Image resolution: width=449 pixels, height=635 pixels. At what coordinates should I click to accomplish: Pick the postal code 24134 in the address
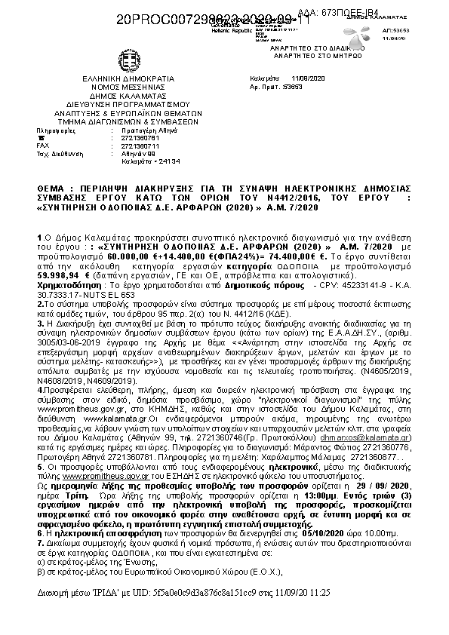pos(155,161)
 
